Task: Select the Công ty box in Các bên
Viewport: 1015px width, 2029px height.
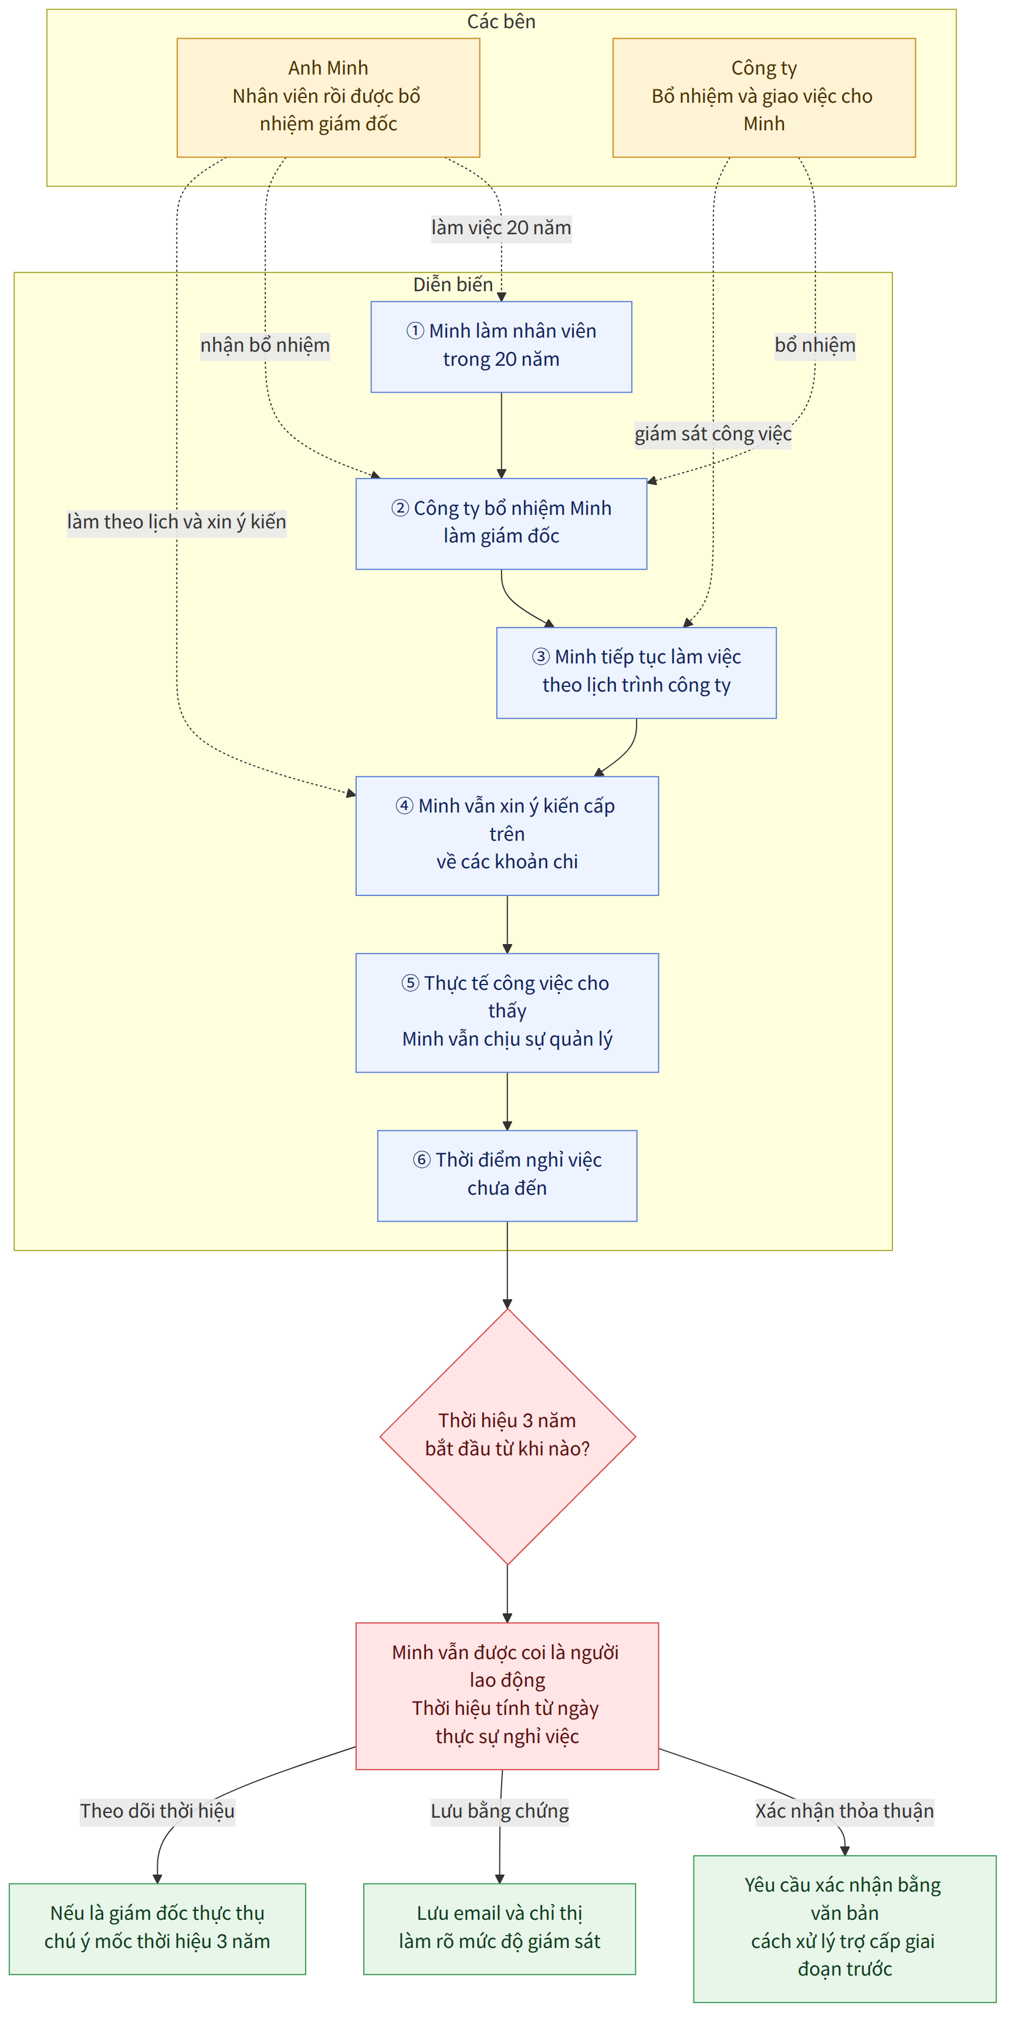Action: (764, 97)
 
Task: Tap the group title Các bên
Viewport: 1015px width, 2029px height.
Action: (501, 21)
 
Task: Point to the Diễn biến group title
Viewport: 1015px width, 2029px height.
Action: (453, 284)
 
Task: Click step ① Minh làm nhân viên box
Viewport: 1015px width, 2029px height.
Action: (501, 346)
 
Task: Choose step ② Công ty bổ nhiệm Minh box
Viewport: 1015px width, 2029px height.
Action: (501, 524)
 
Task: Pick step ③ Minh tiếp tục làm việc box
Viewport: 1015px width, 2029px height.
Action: (636, 673)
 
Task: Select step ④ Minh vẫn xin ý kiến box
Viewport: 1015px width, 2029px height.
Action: (507, 835)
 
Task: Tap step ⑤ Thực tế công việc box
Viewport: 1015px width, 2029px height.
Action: (507, 1013)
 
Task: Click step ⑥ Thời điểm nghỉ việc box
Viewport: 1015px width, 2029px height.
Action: (507, 1176)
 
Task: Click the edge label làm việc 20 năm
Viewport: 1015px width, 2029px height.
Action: (501, 228)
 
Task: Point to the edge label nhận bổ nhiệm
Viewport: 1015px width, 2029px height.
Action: (265, 346)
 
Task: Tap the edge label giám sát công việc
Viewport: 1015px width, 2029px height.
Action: (713, 434)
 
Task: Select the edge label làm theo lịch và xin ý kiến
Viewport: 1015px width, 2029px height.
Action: (177, 522)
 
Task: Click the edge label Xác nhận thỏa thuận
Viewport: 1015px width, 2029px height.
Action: (845, 1811)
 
